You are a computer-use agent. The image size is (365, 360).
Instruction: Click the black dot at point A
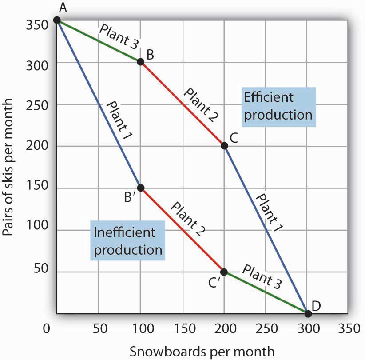pyautogui.click(x=57, y=20)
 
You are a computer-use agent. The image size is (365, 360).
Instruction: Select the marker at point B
pyautogui.click(x=140, y=62)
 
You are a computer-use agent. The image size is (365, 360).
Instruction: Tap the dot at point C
pyautogui.click(x=224, y=145)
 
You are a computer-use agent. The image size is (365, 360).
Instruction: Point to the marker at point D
pyautogui.click(x=308, y=313)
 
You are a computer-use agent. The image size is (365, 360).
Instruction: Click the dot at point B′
pyautogui.click(x=140, y=188)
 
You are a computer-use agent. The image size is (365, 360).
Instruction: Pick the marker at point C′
pyautogui.click(x=224, y=272)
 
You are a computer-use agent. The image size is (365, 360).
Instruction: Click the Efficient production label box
pyautogui.click(x=278, y=106)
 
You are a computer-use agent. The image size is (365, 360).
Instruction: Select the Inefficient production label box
pyautogui.click(x=127, y=241)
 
